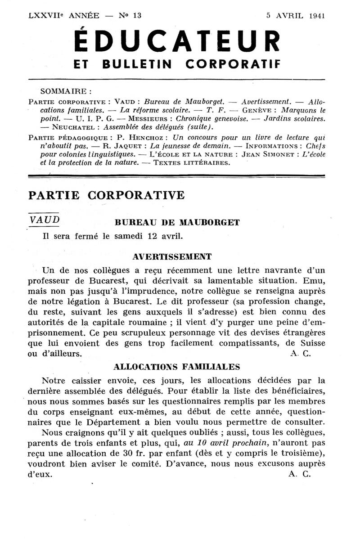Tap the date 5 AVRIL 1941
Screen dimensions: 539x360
pos(295,15)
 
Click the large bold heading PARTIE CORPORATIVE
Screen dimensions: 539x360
pos(106,195)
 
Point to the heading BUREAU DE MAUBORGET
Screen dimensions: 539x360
pos(177,222)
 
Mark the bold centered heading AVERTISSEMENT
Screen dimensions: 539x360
pos(172,256)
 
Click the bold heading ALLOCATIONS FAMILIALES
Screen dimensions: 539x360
pos(177,366)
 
